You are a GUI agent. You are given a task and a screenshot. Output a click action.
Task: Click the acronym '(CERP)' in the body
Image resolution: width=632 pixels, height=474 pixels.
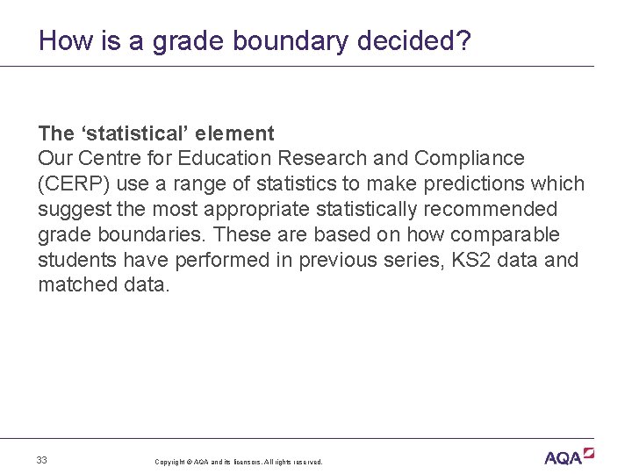tap(69, 184)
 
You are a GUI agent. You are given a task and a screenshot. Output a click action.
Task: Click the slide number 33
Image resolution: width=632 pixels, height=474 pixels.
tap(42, 460)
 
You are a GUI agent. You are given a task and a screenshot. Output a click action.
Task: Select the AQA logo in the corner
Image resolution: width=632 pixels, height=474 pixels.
tap(569, 456)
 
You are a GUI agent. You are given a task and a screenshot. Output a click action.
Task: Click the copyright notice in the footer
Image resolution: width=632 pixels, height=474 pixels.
tap(239, 462)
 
